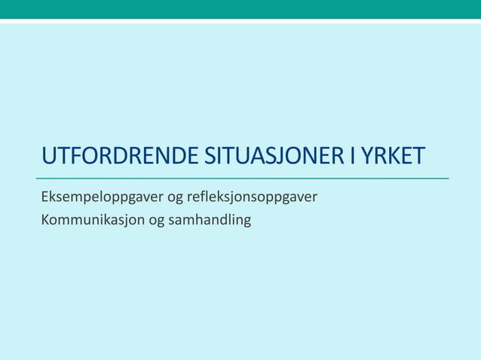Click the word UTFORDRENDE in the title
point(120,157)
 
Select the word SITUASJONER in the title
point(275,157)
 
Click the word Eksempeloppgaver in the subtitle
point(102,199)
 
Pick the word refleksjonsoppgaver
point(253,199)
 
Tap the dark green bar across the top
point(240,9)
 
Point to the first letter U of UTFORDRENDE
point(49,157)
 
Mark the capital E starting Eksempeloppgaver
point(45,198)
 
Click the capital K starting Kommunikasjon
point(46,221)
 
